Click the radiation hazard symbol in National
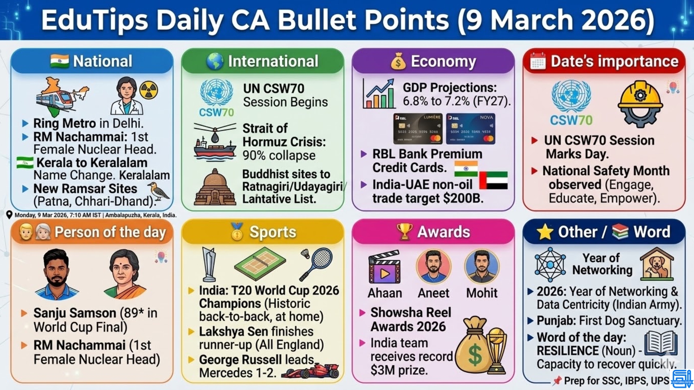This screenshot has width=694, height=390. click(x=149, y=90)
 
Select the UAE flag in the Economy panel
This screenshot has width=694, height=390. click(x=493, y=180)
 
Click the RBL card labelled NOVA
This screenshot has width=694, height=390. click(x=471, y=129)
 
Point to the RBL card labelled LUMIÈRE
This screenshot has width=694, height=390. click(x=417, y=129)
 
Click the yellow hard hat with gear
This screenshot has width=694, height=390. click(x=640, y=103)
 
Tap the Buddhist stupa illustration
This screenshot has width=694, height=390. click(x=215, y=188)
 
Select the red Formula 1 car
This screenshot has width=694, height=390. click(x=311, y=371)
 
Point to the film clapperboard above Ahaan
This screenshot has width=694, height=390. click(x=384, y=267)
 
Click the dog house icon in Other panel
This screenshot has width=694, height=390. click(x=657, y=264)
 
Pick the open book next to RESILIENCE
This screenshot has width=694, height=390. click(x=661, y=343)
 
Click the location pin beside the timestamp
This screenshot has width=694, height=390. click(x=9, y=215)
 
